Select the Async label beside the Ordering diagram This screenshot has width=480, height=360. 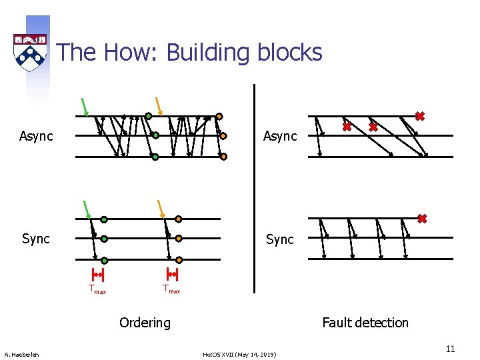(36, 137)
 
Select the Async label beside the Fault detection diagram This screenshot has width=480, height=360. (280, 137)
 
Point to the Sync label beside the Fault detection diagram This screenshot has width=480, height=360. (280, 239)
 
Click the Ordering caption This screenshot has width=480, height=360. (145, 323)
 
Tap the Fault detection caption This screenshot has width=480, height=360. (365, 323)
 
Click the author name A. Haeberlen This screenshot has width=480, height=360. (21, 354)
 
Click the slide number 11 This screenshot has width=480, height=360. (450, 349)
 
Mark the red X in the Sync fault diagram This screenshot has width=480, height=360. (422, 218)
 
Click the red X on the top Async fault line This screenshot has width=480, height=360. (419, 116)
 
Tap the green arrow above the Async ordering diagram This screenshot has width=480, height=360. (85, 107)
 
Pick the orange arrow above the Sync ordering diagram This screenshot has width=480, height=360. (161, 209)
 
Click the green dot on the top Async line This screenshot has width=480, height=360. (149, 115)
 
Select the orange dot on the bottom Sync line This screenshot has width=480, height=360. (179, 259)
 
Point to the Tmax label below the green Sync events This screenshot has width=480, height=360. (97, 289)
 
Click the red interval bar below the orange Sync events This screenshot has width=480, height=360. (172, 274)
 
